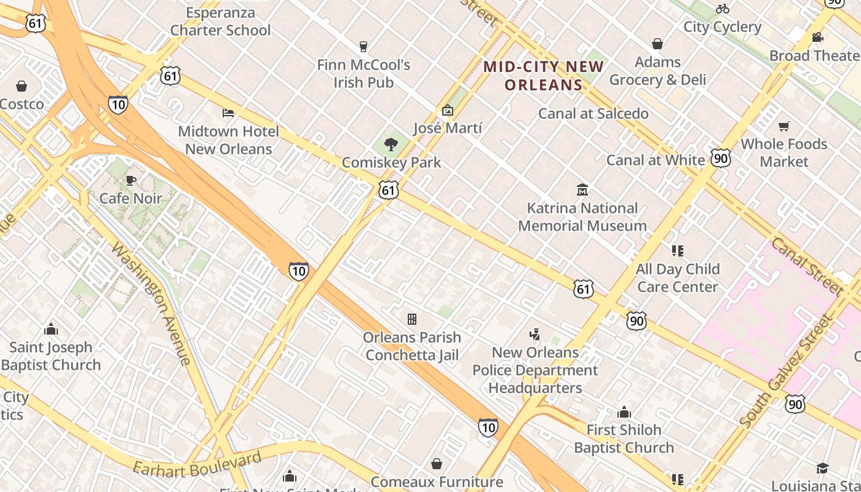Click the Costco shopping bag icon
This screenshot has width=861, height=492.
pyautogui.click(x=22, y=86)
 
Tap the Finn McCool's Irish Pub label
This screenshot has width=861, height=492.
pyautogui.click(x=363, y=73)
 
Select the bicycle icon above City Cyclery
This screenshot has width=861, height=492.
pyautogui.click(x=723, y=9)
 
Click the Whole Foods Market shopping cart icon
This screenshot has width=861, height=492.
pyautogui.click(x=784, y=126)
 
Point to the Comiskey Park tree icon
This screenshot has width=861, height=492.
pyautogui.click(x=391, y=145)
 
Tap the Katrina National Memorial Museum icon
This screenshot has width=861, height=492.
pyautogui.click(x=582, y=189)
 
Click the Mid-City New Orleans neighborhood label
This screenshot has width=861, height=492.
pyautogui.click(x=543, y=76)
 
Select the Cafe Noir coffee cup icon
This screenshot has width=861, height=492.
pyautogui.click(x=130, y=180)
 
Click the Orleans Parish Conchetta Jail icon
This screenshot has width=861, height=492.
pyautogui.click(x=412, y=319)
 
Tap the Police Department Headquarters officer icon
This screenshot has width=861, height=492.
pyautogui.click(x=535, y=335)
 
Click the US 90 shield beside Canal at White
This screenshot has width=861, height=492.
pyautogui.click(x=721, y=157)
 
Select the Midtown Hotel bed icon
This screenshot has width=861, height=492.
pyautogui.click(x=228, y=113)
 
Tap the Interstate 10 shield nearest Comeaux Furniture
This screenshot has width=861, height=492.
pyautogui.click(x=488, y=427)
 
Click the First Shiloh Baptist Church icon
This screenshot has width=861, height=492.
pyautogui.click(x=624, y=412)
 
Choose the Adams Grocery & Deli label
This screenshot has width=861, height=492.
pyautogui.click(x=657, y=71)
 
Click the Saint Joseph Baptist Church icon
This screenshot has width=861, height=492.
pyautogui.click(x=51, y=329)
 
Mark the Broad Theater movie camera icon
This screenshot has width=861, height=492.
pyautogui.click(x=817, y=38)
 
